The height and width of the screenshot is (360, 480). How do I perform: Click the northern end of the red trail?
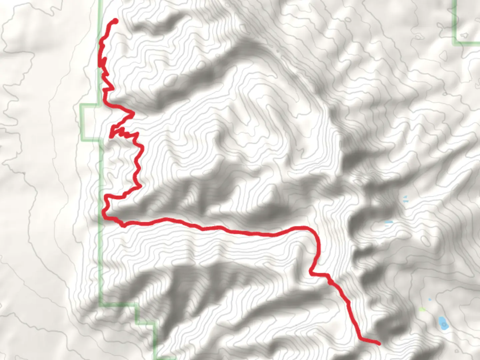[116, 21]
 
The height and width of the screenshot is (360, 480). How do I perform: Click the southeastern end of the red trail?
[379, 343]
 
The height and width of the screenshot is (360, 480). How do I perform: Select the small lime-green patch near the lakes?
[422, 310]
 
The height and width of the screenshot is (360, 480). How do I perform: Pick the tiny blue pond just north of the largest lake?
[430, 299]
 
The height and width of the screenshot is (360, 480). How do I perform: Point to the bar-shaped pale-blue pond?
[389, 222]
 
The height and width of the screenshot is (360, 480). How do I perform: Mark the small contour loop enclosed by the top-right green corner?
[464, 35]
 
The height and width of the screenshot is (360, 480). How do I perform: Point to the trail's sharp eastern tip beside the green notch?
[134, 114]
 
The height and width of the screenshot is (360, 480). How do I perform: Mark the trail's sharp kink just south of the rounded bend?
[311, 273]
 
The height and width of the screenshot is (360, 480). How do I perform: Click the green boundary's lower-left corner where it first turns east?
[101, 303]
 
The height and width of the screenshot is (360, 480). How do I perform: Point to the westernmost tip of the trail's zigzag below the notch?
[111, 136]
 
